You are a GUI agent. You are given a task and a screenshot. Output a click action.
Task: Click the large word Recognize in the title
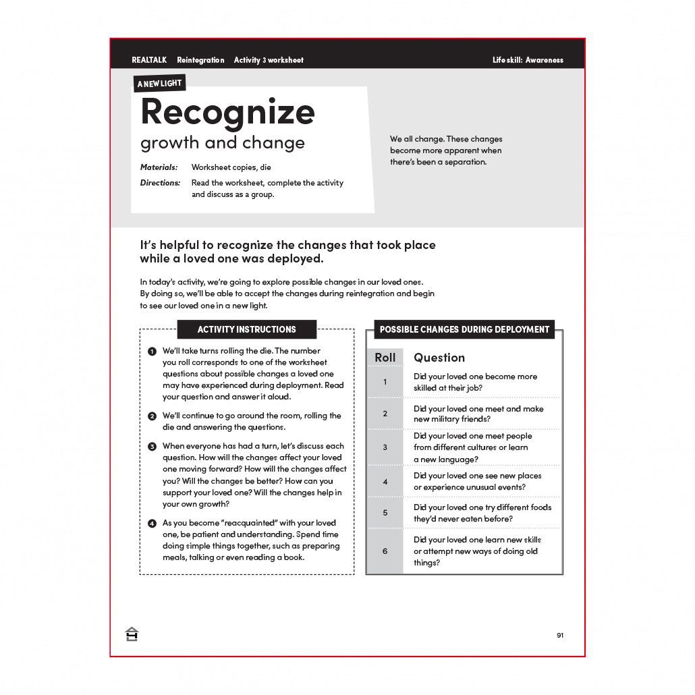coord(227,112)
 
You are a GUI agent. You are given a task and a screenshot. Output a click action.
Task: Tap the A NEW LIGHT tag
coord(159,84)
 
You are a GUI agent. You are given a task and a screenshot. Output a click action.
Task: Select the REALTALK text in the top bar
coord(149,60)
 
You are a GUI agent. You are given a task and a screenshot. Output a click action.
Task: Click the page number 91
coord(560,635)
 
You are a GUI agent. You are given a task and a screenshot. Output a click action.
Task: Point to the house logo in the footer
coord(132,634)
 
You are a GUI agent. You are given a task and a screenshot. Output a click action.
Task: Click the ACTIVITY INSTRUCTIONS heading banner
coord(246,329)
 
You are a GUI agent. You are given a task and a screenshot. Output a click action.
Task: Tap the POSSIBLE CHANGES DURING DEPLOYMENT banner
coord(464,329)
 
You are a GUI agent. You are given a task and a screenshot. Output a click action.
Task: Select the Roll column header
coord(385,357)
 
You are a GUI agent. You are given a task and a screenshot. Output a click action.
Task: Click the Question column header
coord(439,358)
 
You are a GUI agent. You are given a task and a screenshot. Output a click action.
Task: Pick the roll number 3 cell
coord(385,447)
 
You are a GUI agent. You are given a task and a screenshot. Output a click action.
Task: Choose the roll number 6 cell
coord(385,551)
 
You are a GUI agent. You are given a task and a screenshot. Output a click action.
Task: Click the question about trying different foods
coord(482,513)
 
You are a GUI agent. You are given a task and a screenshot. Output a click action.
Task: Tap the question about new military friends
coord(478,414)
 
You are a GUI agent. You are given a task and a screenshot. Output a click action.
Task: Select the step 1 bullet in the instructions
coord(152,352)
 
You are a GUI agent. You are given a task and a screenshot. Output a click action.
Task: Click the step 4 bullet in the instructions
coord(152,524)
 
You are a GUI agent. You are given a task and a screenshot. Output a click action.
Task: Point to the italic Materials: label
coord(159,167)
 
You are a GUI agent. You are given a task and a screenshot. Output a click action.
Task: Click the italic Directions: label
coord(160,183)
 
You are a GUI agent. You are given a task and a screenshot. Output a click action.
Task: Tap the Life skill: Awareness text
coord(528,60)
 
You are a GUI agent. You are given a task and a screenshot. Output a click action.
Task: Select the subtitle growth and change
coord(222,143)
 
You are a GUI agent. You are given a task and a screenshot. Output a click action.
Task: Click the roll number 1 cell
coord(385,382)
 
